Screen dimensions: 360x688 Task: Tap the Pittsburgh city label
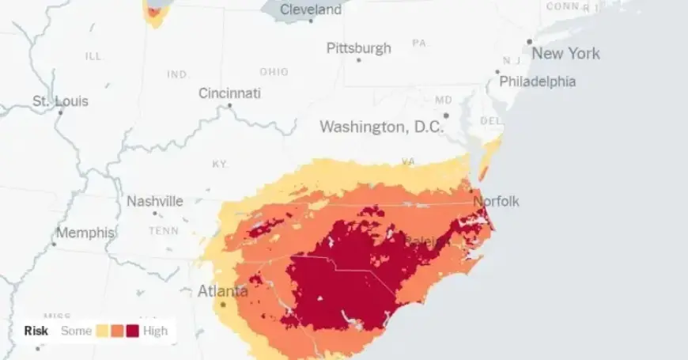[359, 48]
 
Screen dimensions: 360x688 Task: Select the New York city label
[565, 54]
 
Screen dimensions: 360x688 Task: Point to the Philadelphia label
[537, 81]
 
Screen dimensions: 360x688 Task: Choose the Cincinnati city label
[229, 93]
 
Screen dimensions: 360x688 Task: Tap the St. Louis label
[60, 101]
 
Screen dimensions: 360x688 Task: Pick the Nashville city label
[155, 201]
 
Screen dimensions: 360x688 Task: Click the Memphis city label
[85, 233]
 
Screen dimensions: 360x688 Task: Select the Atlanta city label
[222, 290]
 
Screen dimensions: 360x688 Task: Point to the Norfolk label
[496, 201]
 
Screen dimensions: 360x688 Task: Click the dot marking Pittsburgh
[358, 60]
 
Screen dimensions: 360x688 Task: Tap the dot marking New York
[530, 42]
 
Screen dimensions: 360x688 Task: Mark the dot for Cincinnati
[229, 105]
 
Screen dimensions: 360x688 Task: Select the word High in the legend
[156, 331]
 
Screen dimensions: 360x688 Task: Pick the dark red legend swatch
[132, 331]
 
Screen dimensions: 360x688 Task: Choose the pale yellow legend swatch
[104, 331]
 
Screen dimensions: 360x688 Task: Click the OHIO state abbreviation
[274, 71]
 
